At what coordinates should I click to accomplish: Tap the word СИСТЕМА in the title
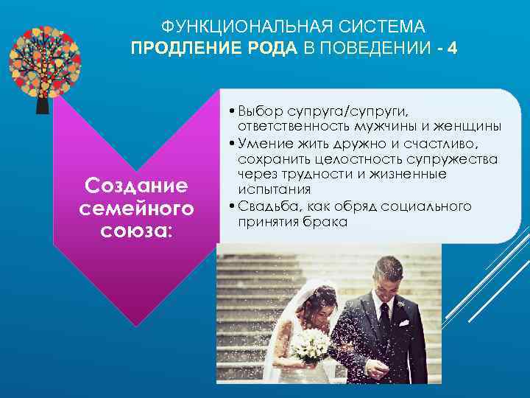pyautogui.click(x=390, y=27)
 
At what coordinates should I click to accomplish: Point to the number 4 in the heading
pyautogui.click(x=452, y=48)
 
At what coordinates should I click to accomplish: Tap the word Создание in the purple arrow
pyautogui.click(x=136, y=184)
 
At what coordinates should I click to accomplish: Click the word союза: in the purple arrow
pyautogui.click(x=136, y=231)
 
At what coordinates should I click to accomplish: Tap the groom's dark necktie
pyautogui.click(x=384, y=321)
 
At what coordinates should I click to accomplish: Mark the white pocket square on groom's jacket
pyautogui.click(x=403, y=323)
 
